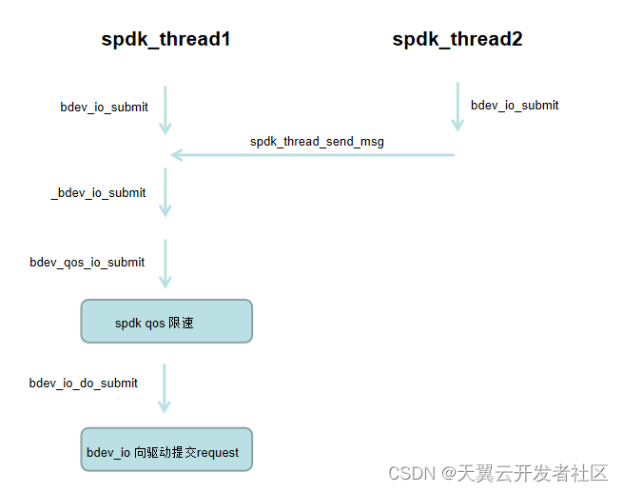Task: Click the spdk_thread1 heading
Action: tap(165, 40)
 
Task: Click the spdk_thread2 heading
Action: tap(457, 40)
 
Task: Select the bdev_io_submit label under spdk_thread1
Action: tap(104, 108)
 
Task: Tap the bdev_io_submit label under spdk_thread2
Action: tap(515, 106)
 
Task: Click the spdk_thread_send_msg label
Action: tap(317, 142)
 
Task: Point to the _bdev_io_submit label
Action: tap(98, 193)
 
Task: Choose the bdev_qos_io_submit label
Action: tap(88, 263)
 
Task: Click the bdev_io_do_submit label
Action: tap(84, 384)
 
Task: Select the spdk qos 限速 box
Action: tap(166, 322)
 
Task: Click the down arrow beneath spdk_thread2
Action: tap(458, 107)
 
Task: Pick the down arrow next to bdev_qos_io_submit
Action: tap(165, 263)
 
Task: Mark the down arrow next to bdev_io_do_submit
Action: tap(165, 387)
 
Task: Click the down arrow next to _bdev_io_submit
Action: tap(165, 192)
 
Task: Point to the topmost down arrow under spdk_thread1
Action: tap(165, 110)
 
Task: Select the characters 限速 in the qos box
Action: tap(182, 324)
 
